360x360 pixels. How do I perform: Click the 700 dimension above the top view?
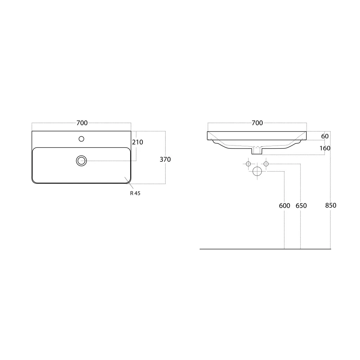(x=82, y=123)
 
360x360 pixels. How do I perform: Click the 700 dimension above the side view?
(x=257, y=123)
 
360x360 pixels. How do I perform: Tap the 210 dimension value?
(x=137, y=142)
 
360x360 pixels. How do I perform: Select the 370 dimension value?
(x=165, y=159)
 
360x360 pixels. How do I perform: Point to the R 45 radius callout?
(x=135, y=193)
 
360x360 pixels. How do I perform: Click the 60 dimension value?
(x=325, y=136)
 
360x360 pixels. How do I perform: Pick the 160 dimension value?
(x=325, y=148)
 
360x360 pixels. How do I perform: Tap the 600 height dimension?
(x=284, y=205)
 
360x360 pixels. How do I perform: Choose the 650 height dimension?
(x=301, y=205)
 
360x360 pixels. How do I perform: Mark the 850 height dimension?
(x=330, y=205)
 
